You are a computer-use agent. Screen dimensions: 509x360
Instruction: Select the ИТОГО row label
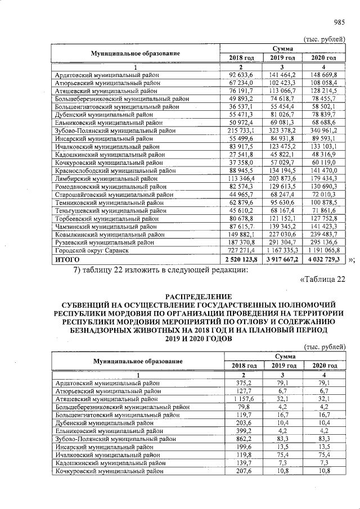point(66,259)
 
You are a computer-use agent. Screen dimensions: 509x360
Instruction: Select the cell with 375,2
point(244,382)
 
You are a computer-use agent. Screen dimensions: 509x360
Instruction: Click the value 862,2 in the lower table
point(244,438)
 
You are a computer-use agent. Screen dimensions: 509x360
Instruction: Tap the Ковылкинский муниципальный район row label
point(109,233)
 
